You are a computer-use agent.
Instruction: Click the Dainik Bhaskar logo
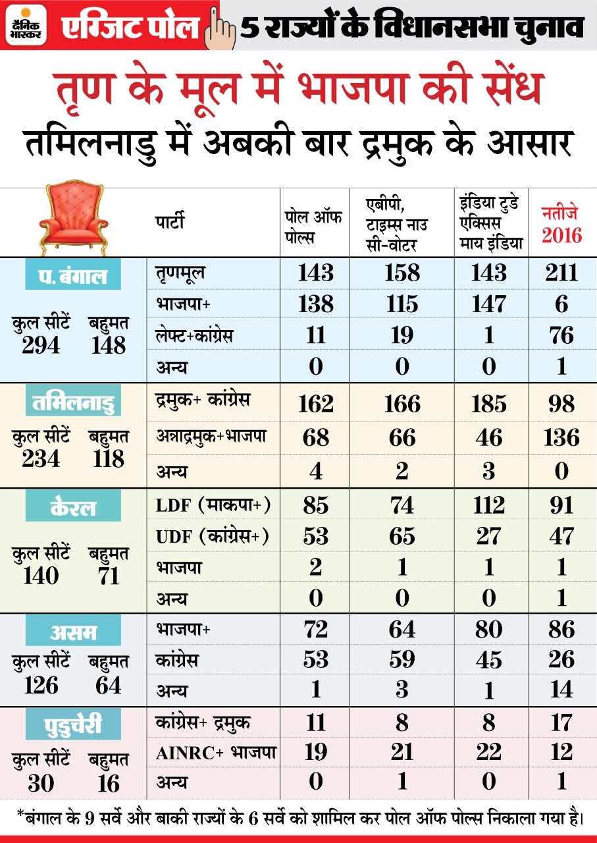28,26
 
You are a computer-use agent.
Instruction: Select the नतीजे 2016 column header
561,225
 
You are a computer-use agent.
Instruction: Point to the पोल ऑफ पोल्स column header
313,228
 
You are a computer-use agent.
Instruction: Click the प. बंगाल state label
74,275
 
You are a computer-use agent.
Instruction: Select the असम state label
74,632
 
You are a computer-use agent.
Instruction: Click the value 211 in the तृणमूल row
561,273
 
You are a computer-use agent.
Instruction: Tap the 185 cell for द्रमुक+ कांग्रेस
489,404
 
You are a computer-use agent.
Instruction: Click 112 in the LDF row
489,505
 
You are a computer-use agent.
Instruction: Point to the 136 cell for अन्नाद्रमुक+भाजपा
561,437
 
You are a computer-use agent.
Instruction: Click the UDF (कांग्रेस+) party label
213,536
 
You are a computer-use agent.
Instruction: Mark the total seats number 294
41,344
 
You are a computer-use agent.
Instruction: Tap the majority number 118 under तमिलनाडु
108,458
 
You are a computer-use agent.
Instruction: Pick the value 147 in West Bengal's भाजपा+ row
489,304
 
